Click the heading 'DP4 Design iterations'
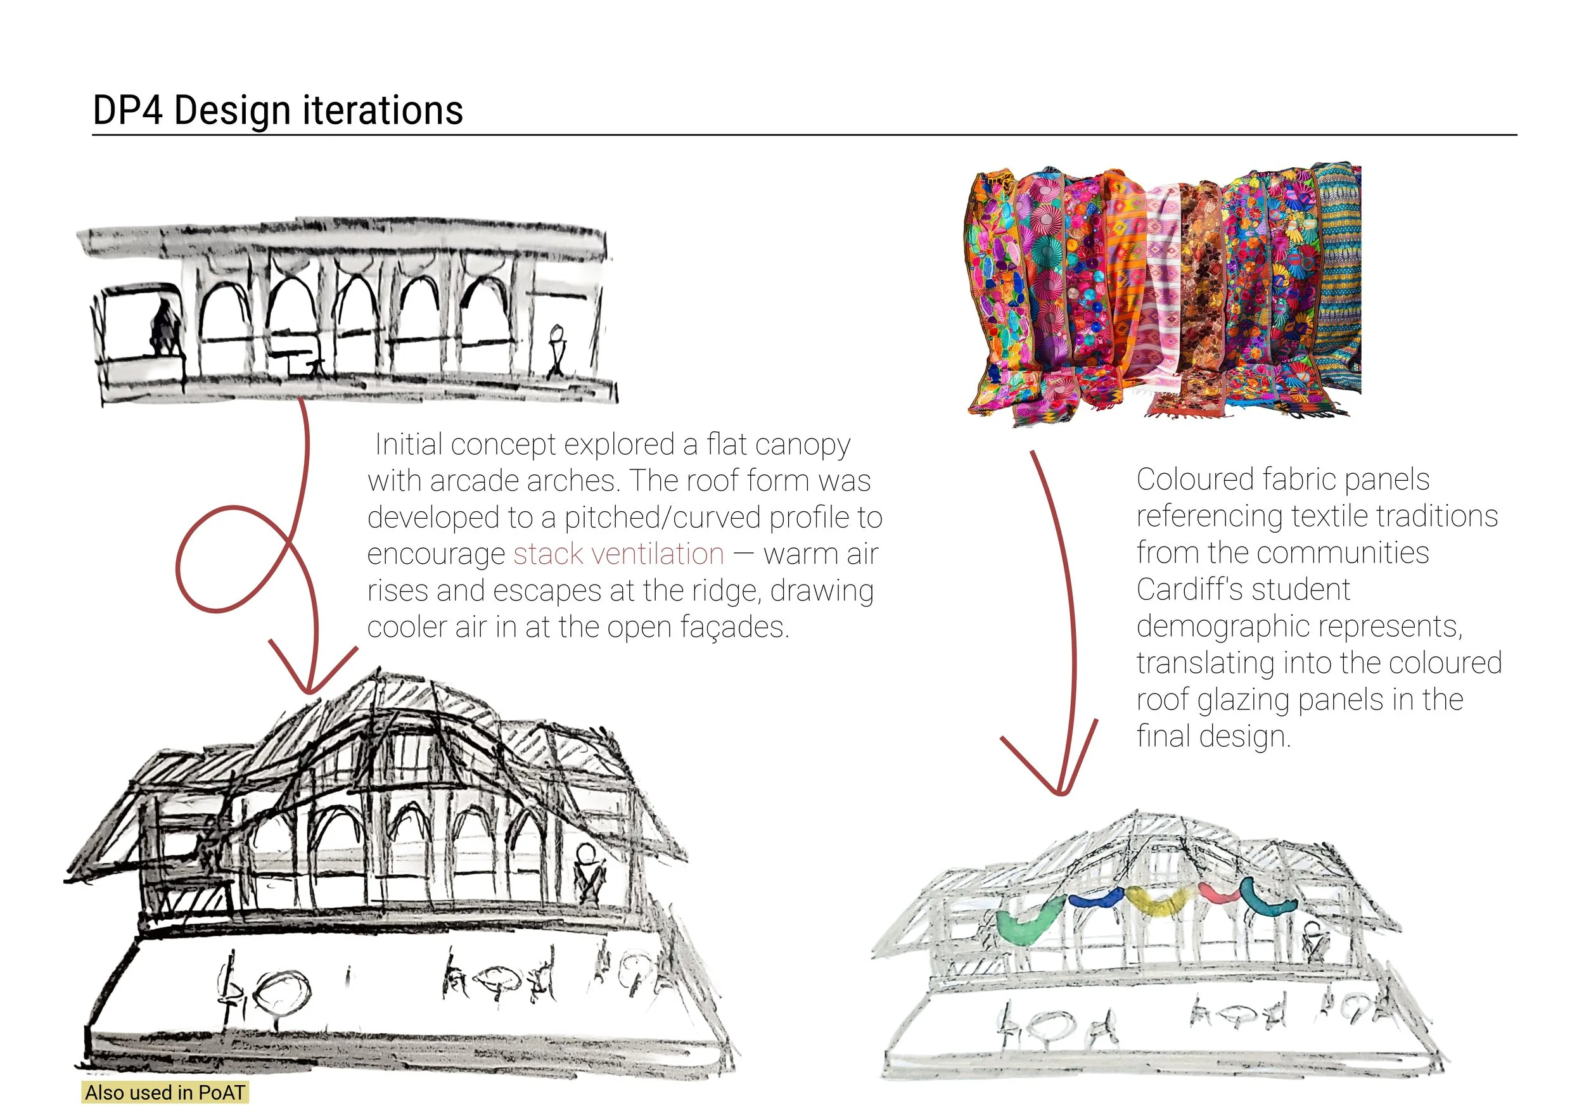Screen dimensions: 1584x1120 coord(278,111)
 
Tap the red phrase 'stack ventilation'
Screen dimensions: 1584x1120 coord(619,554)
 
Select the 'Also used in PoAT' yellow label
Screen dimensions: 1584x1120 coord(165,1092)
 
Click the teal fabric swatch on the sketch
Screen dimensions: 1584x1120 coord(1266,900)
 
